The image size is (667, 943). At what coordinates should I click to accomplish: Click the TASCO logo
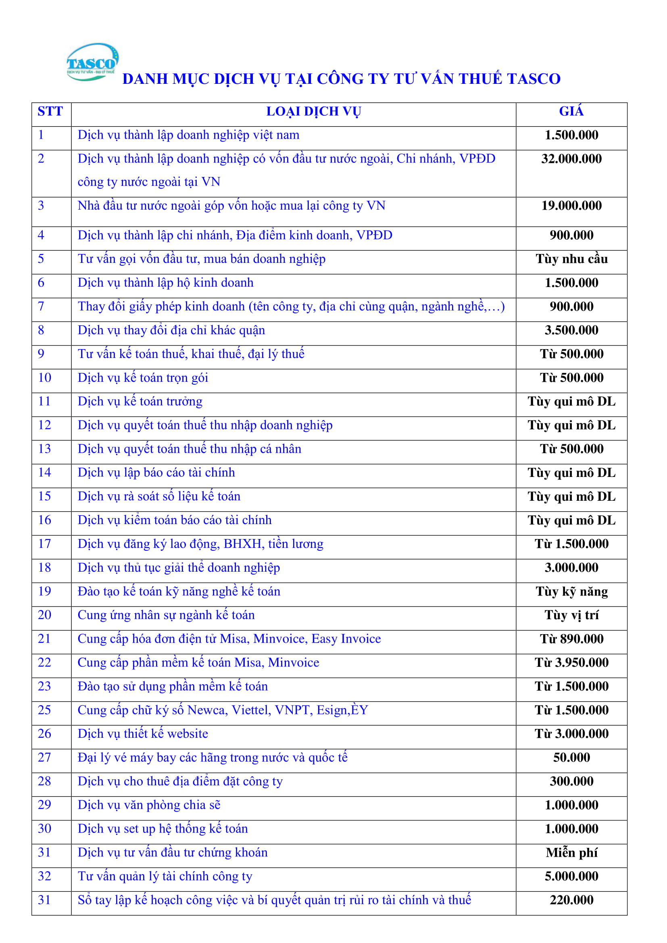click(92, 62)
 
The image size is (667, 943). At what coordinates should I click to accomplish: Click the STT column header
click(50, 111)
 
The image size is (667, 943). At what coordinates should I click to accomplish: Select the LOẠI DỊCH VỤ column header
click(313, 111)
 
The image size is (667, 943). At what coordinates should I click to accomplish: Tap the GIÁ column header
click(571, 111)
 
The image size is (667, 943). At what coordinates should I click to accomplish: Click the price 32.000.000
click(571, 159)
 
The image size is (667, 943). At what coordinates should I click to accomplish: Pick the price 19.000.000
click(571, 206)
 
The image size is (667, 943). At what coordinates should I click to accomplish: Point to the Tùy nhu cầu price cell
click(571, 259)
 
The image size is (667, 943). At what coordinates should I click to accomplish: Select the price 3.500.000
click(571, 330)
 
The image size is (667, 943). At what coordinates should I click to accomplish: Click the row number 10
click(44, 378)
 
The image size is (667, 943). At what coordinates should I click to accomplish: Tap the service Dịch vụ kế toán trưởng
click(140, 402)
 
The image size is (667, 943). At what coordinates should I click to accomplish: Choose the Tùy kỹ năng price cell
click(571, 592)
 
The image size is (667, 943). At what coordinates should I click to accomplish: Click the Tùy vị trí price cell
click(571, 615)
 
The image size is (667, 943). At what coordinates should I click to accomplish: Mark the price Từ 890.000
click(571, 639)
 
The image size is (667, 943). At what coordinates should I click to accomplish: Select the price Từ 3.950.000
click(571, 663)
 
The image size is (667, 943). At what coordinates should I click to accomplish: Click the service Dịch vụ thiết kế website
click(143, 734)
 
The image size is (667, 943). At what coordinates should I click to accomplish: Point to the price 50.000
click(571, 758)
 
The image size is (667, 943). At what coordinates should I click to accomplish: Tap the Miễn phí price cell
click(571, 853)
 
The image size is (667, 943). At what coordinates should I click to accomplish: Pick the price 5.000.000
click(571, 876)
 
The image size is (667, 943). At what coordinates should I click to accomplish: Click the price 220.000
click(571, 900)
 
